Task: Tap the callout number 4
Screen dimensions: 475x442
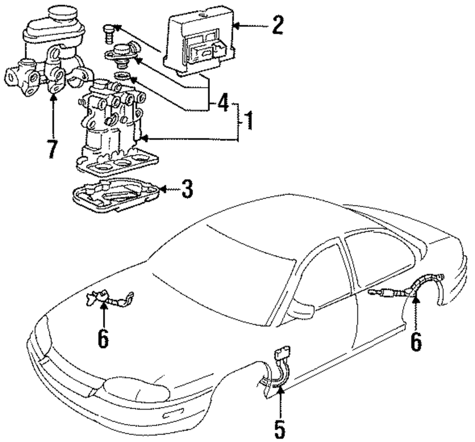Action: (x=223, y=103)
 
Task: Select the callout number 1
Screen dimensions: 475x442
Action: (x=249, y=120)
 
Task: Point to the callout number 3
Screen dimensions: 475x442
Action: (x=187, y=189)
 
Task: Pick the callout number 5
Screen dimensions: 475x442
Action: (x=280, y=429)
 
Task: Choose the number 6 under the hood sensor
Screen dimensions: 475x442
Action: (x=103, y=339)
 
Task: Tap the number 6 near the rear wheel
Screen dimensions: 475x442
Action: (x=416, y=342)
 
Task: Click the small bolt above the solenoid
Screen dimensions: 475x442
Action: (x=109, y=34)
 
